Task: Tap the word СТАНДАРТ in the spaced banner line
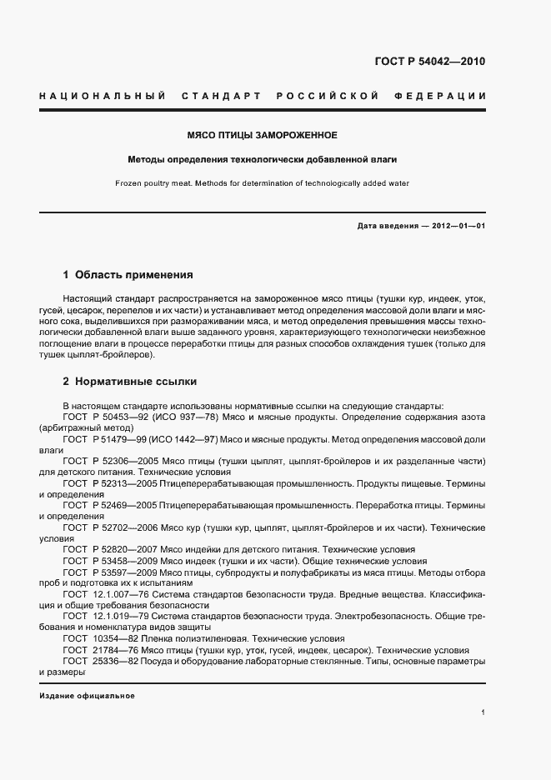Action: [222, 97]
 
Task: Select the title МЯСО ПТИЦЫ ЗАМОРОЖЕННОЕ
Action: [261, 134]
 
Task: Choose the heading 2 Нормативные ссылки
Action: [130, 382]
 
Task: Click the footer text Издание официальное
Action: [87, 696]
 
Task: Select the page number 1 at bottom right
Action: [483, 712]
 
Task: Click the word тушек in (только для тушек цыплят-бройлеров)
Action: [78, 355]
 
